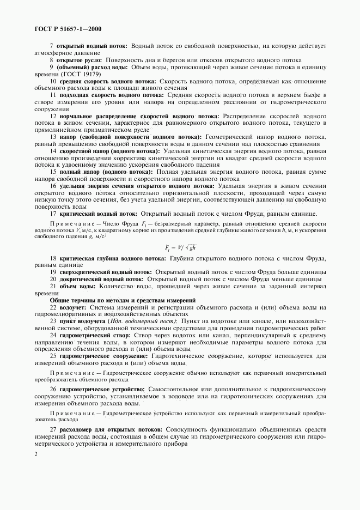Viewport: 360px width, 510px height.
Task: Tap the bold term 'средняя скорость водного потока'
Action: tap(108, 81)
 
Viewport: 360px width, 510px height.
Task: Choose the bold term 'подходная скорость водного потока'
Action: tap(111, 95)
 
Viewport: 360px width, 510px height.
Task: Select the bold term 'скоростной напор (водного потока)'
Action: tap(113, 150)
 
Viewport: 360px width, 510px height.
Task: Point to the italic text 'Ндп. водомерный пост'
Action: tap(127, 321)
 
